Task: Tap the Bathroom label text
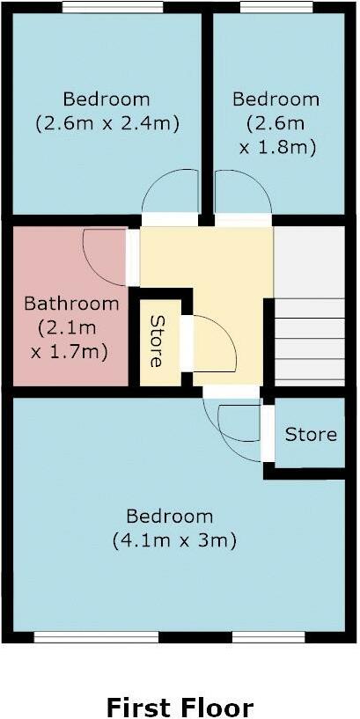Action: click(x=70, y=304)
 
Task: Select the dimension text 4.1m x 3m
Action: click(x=174, y=540)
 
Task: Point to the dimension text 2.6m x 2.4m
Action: click(x=107, y=124)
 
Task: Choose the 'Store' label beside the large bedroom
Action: click(x=311, y=435)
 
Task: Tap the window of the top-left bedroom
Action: click(x=112, y=7)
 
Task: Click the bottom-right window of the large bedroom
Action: click(x=268, y=637)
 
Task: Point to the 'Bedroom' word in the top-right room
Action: click(x=276, y=99)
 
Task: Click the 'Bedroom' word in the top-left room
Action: click(x=107, y=99)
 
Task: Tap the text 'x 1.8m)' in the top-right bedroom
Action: click(x=276, y=148)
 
